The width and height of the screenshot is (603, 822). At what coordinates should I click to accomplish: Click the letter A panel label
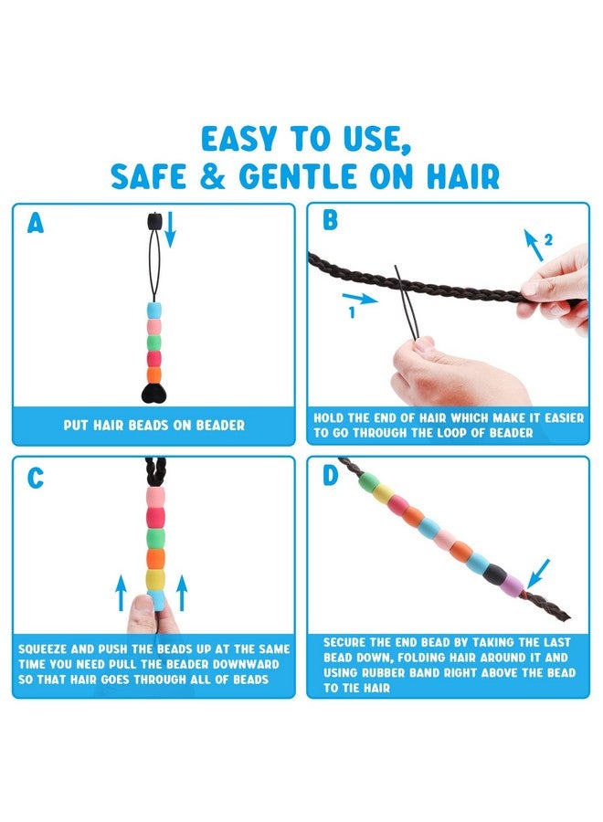36,223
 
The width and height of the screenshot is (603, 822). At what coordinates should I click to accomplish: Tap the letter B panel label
331,220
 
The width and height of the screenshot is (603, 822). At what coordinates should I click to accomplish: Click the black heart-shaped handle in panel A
153,393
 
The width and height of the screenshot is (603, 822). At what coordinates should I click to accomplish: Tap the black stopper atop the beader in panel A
153,221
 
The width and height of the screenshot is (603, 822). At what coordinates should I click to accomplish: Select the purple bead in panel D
513,583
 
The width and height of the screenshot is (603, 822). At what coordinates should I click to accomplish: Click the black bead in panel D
494,573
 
